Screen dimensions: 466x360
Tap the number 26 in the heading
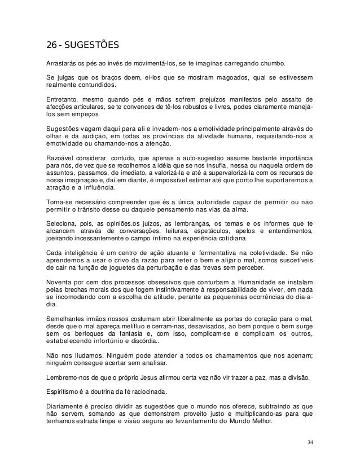(x=52, y=45)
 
